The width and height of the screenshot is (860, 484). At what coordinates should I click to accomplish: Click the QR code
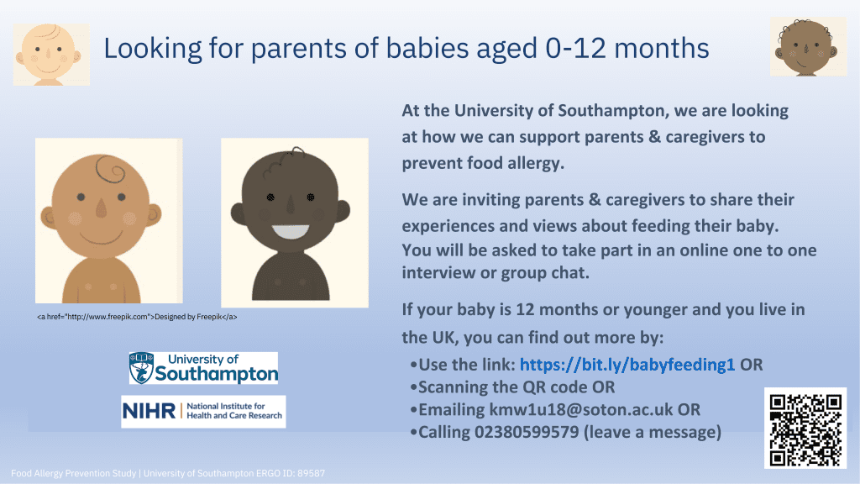[805, 429]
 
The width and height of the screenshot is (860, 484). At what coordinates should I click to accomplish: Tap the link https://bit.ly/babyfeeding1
[627, 365]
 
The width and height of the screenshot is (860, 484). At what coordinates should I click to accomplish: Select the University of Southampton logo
[203, 368]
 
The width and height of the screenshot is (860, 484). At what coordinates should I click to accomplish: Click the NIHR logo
[203, 412]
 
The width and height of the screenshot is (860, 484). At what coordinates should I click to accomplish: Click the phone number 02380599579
[527, 433]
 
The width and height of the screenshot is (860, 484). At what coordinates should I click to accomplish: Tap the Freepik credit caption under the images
[137, 317]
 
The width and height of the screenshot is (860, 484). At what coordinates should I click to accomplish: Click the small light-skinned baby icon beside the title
[51, 55]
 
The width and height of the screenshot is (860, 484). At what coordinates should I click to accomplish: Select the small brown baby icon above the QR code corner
[808, 46]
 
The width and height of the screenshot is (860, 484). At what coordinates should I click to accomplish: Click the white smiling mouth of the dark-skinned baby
[291, 231]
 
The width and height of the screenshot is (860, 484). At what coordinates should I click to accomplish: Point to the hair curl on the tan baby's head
[111, 169]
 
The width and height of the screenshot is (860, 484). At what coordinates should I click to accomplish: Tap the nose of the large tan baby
[101, 207]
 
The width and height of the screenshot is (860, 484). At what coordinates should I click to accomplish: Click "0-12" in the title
[575, 48]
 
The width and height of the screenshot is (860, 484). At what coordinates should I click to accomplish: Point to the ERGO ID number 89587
[311, 473]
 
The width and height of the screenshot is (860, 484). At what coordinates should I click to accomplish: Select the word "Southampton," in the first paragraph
[613, 111]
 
